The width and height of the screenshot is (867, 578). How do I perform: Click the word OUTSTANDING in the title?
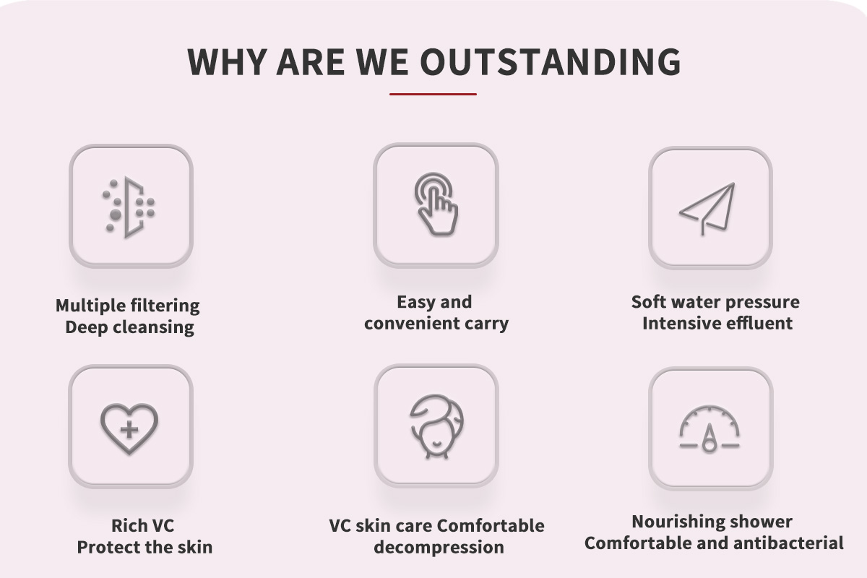point(551,61)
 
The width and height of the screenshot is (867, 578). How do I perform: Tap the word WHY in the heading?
point(226,61)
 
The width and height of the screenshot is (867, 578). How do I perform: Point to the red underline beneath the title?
point(433,94)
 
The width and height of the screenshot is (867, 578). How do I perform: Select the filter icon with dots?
point(129,207)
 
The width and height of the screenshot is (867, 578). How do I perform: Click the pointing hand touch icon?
point(436,204)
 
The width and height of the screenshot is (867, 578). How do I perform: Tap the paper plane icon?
point(707,209)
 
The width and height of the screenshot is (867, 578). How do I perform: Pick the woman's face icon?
point(436,426)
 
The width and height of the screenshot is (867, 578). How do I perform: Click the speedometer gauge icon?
point(709,428)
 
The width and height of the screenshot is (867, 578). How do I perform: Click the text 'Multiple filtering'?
point(128,306)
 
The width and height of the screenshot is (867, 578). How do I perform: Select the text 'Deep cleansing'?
point(129,327)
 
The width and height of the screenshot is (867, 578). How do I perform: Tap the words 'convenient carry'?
point(436,323)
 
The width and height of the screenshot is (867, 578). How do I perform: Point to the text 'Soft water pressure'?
point(715,302)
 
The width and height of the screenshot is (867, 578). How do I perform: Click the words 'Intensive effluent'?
point(717,323)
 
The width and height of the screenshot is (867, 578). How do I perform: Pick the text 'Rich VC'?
point(143,526)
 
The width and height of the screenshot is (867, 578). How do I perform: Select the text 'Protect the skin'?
point(144,547)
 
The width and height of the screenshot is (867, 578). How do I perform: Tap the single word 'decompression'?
point(439,548)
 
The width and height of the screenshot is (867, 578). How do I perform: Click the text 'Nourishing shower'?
point(712,522)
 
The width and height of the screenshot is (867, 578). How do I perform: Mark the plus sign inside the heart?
point(129,430)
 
